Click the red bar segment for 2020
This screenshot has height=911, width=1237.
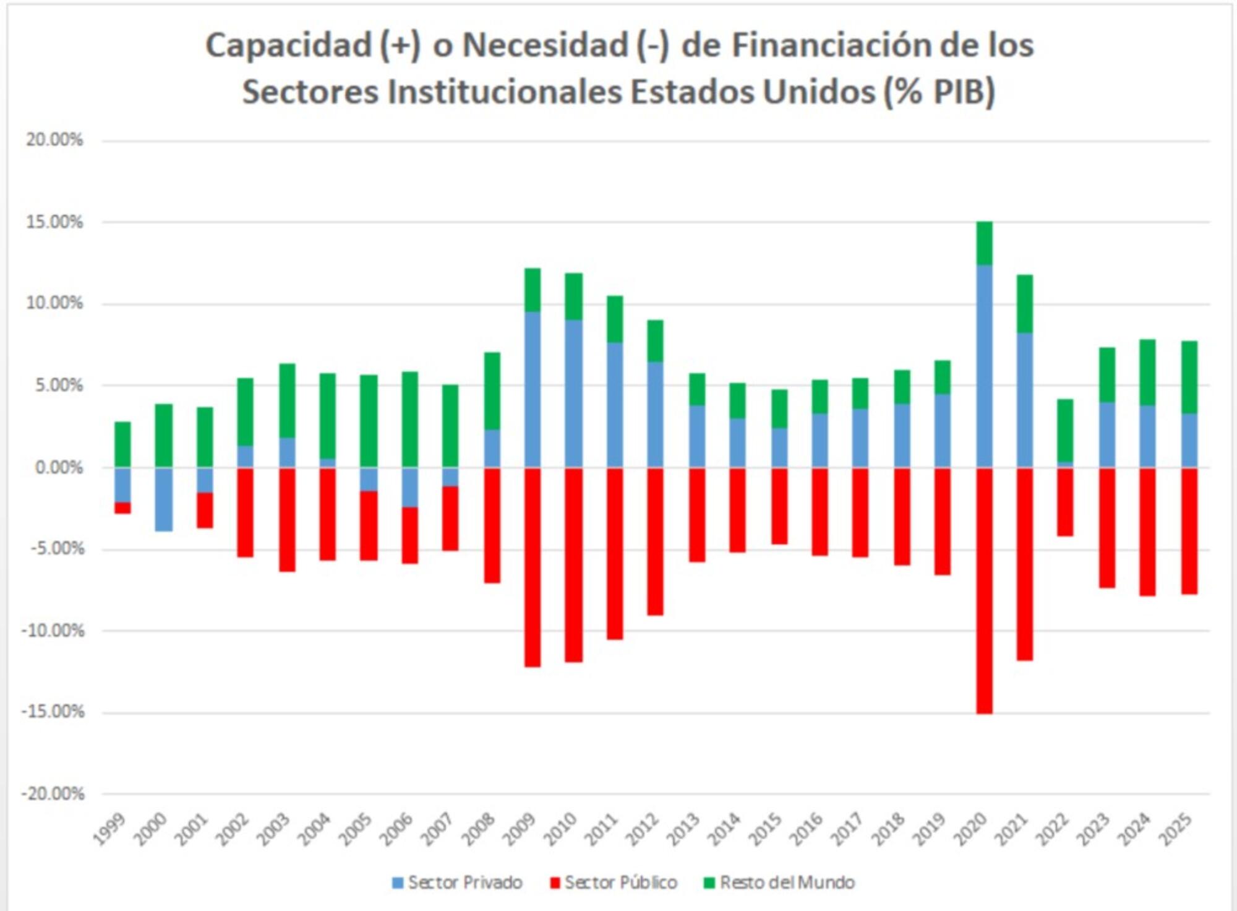[x=985, y=591]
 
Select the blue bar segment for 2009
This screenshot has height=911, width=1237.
[x=533, y=390]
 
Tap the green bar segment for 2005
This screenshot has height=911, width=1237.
[x=369, y=421]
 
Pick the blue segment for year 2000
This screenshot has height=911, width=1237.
[x=163, y=499]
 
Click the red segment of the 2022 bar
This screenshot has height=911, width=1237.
[x=1066, y=502]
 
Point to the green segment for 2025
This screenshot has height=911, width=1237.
[x=1189, y=377]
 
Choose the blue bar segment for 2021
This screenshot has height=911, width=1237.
[x=1025, y=400]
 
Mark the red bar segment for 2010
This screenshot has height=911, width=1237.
[x=573, y=565]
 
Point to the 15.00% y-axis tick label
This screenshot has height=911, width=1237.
[x=54, y=222]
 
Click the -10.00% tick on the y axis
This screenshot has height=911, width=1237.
[x=53, y=631]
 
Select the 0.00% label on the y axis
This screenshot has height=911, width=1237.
[x=59, y=467]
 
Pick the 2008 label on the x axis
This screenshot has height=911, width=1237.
[x=479, y=830]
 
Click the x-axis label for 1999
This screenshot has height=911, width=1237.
[x=110, y=830]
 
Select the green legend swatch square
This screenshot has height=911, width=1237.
[x=709, y=883]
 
